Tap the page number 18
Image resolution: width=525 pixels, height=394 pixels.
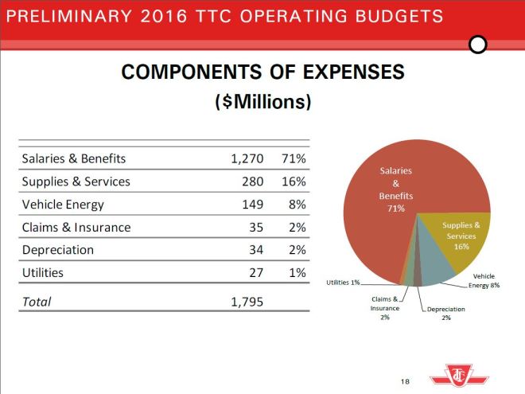406,382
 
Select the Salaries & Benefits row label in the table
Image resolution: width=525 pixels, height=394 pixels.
73,158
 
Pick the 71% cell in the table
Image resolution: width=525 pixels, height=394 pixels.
294,158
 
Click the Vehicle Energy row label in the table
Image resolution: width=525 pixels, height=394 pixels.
63,205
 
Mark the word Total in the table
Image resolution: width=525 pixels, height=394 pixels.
37,302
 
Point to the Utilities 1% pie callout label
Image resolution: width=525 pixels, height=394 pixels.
344,283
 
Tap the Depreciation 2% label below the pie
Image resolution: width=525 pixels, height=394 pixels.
445,313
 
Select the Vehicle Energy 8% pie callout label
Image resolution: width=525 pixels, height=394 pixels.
484,280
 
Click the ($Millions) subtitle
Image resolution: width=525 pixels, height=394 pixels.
262,103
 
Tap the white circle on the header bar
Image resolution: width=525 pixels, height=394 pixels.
478,45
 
